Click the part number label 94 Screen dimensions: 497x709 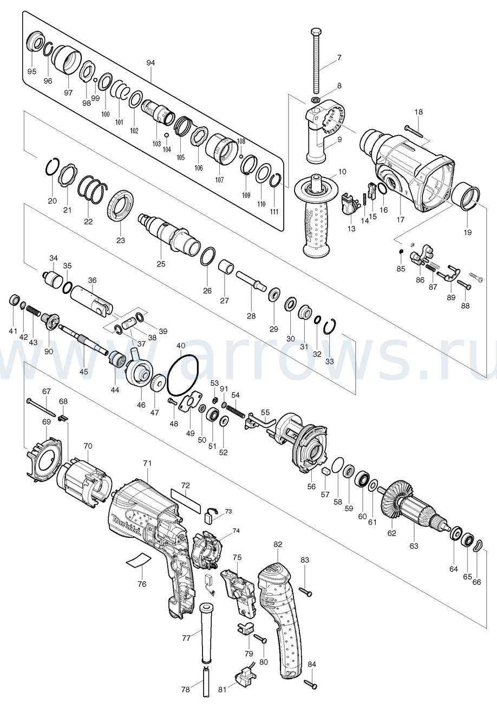pos(151,63)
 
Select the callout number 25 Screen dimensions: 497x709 pos(161,264)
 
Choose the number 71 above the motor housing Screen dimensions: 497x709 pos(147,463)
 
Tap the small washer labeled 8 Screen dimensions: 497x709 pos(315,100)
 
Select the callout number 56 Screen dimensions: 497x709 pos(311,486)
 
